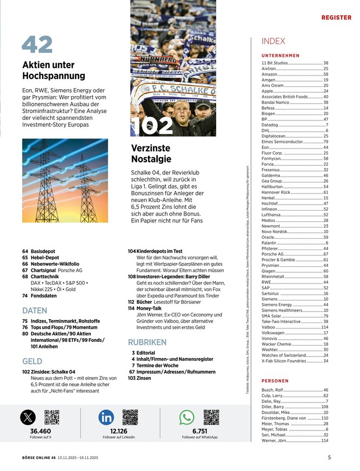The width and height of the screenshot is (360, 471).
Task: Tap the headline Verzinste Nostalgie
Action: point(151,153)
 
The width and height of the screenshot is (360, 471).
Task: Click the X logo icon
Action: point(28,418)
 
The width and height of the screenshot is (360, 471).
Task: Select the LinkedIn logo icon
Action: point(106,418)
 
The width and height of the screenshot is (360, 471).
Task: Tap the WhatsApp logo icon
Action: point(186,418)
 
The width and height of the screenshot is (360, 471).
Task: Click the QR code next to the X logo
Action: point(51,418)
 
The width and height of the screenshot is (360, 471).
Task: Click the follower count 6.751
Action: point(199,431)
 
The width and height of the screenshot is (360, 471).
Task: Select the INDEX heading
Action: point(273,41)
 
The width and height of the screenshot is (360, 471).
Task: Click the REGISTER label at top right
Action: point(336,17)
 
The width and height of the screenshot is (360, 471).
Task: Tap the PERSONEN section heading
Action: point(275,381)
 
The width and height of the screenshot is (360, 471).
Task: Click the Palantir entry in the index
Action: point(270,243)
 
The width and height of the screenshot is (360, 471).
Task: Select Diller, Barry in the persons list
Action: point(273,407)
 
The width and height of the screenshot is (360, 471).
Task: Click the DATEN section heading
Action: point(35,311)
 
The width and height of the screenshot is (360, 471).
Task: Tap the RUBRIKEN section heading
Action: point(146,342)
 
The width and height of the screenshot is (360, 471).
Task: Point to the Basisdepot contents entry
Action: point(44,252)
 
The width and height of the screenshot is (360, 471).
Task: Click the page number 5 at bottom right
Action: point(329,457)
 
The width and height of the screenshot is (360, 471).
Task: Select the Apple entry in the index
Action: point(268,91)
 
